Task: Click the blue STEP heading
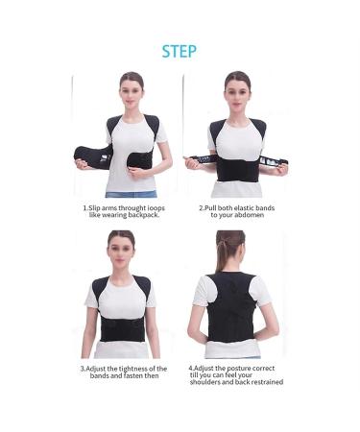179,51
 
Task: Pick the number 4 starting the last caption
191,368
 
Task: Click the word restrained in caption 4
264,381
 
